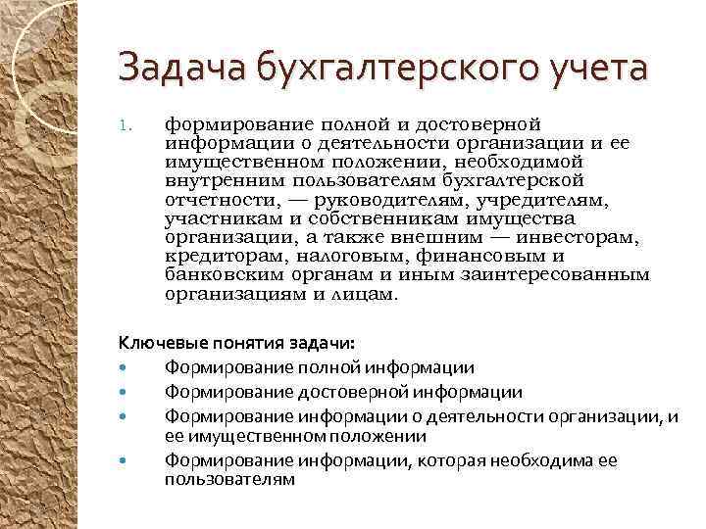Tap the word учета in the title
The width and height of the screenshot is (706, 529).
(x=596, y=69)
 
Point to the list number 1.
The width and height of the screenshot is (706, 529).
(x=124, y=125)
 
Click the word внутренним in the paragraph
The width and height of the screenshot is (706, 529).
(x=217, y=181)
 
